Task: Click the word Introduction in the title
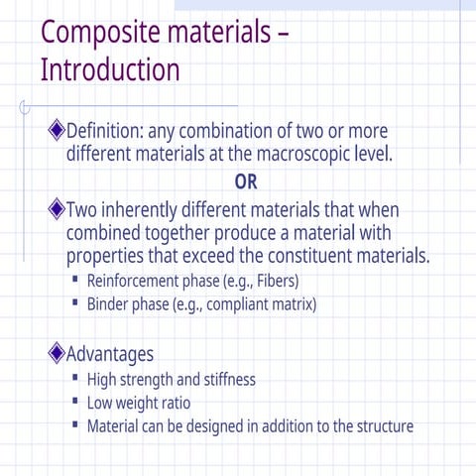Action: pos(110,70)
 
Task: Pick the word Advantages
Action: pos(109,353)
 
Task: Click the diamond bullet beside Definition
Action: pos(56,131)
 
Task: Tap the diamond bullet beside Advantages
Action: pos(56,353)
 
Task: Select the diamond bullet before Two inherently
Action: pos(56,210)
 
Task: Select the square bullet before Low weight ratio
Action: pos(75,402)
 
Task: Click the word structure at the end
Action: pos(379,426)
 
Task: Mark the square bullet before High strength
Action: pos(75,378)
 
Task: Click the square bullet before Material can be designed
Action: pos(75,425)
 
